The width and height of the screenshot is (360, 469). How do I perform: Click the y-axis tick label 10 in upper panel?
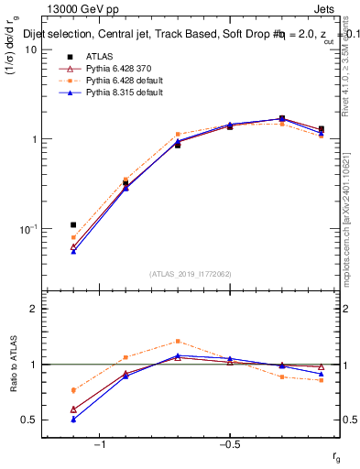click(30, 49)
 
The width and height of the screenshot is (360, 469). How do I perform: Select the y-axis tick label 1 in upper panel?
click(33, 139)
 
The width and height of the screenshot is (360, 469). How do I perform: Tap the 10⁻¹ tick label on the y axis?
click(27, 228)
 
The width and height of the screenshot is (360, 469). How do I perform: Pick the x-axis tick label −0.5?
click(229, 444)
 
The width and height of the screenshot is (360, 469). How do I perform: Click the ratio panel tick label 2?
click(32, 309)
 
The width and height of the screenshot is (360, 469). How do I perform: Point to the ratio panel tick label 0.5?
click(28, 420)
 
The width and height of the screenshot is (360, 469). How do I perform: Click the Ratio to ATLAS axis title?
click(12, 365)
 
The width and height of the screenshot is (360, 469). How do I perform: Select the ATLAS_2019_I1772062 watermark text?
click(190, 273)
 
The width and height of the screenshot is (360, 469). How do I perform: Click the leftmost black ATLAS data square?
click(73, 224)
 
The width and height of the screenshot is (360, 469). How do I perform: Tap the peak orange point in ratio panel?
click(178, 341)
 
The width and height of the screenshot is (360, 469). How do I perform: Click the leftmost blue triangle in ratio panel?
click(73, 419)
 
